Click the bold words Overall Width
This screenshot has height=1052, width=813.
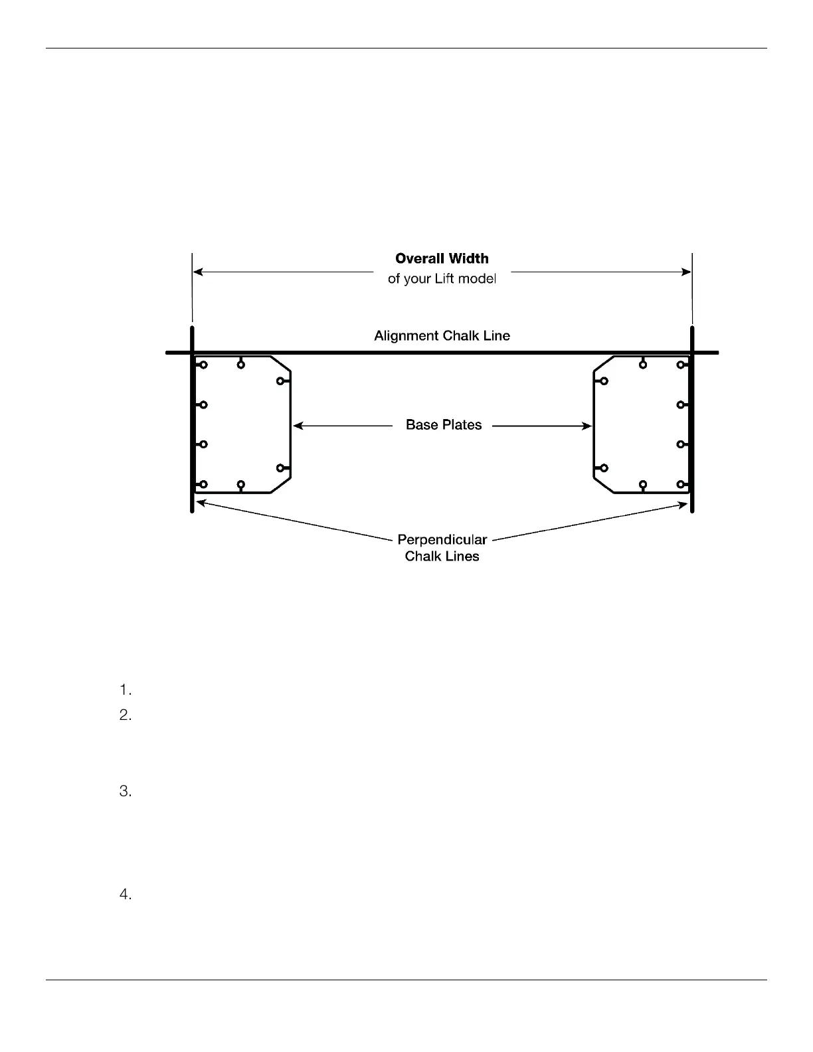tap(442, 259)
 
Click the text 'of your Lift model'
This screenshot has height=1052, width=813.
tap(442, 279)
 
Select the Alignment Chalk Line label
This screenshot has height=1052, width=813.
tap(442, 336)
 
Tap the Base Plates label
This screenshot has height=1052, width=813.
tap(444, 425)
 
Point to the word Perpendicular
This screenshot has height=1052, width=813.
tap(442, 540)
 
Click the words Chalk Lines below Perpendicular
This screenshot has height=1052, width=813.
tap(442, 557)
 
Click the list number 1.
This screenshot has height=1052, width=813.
tap(126, 690)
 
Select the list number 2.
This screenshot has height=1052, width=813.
tap(126, 716)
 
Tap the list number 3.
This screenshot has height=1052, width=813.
tap(126, 792)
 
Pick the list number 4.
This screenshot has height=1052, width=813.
tap(126, 895)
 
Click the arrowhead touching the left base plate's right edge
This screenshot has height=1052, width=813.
tap(298, 426)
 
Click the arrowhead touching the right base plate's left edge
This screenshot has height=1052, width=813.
tap(587, 426)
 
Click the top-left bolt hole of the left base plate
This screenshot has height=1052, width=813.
tap(204, 365)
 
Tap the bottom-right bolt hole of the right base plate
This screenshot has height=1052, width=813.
tap(681, 484)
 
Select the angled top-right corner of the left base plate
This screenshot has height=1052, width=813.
tap(281, 363)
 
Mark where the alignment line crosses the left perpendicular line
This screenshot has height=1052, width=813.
tap(193, 353)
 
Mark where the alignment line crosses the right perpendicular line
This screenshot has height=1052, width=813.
tap(692, 353)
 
